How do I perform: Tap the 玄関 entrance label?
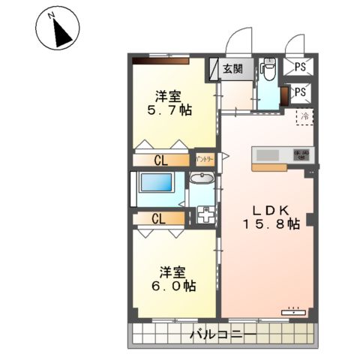(x=232, y=69)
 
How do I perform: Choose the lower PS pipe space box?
(x=301, y=92)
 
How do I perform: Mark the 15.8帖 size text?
(x=271, y=223)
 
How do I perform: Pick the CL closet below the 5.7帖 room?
(x=160, y=160)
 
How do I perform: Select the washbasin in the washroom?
(x=201, y=180)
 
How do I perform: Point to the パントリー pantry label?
(x=205, y=159)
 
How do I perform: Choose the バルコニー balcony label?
(x=222, y=333)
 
